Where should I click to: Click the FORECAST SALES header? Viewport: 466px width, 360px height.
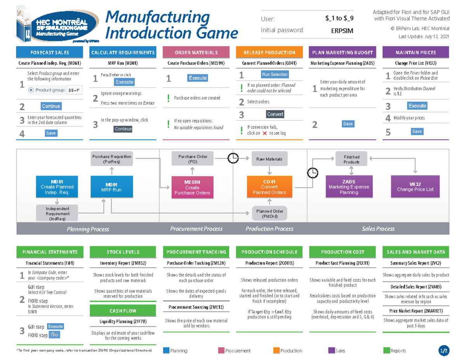pyautogui.click(x=51, y=52)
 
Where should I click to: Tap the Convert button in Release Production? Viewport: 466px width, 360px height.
pyautogui.click(x=275, y=114)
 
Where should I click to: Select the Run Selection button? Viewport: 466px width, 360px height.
pyautogui.click(x=275, y=75)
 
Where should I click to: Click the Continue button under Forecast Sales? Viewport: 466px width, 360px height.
pyautogui.click(x=51, y=106)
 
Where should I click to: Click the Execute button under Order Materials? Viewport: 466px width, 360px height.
pyautogui.click(x=197, y=78)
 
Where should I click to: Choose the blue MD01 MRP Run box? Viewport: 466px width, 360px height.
pyautogui.click(x=111, y=188)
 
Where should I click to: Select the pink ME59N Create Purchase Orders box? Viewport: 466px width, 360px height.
pyautogui.click(x=192, y=188)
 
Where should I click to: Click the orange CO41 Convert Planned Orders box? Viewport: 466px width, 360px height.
pyautogui.click(x=270, y=188)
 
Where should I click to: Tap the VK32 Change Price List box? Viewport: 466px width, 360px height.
pyautogui.click(x=415, y=187)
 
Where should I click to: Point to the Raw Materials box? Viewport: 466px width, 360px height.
pyautogui.click(x=269, y=159)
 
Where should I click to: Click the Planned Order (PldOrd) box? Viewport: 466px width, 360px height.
pyautogui.click(x=270, y=214)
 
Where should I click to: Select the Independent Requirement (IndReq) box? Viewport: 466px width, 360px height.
pyautogui.click(x=57, y=214)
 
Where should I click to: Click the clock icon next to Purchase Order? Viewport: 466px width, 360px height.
pyautogui.click(x=233, y=158)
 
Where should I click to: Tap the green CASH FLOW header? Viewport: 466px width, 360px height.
pyautogui.click(x=123, y=311)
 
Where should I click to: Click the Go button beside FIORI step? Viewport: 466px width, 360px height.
pyautogui.click(x=54, y=335)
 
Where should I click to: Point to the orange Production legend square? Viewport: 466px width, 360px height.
pyautogui.click(x=276, y=350)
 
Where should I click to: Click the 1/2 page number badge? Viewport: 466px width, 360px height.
pyautogui.click(x=443, y=351)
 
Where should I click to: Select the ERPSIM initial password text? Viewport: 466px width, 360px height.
pyautogui.click(x=342, y=31)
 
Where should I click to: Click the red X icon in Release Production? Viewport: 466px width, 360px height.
pyautogui.click(x=264, y=133)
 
